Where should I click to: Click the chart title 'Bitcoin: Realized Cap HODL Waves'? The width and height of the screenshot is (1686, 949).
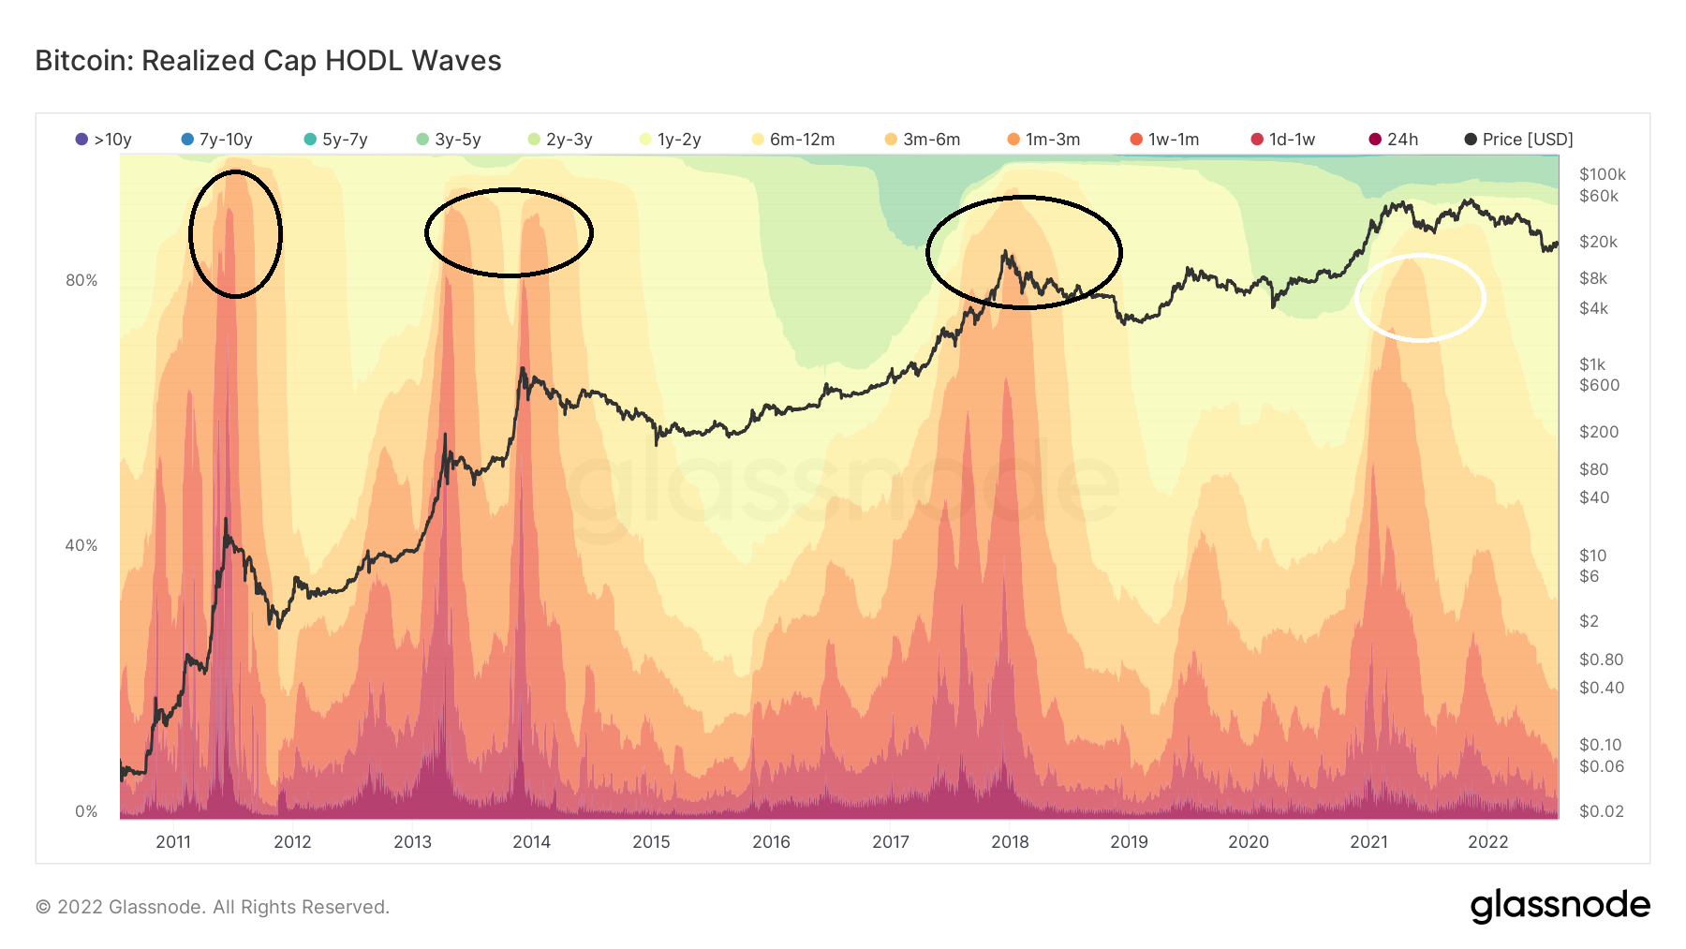point(268,61)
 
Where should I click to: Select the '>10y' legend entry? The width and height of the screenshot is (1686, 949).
point(104,140)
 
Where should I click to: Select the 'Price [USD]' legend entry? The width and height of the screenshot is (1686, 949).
point(1518,140)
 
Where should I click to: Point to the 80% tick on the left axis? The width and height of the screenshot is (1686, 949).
point(81,280)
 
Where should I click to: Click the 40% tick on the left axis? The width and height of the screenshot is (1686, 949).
point(81,545)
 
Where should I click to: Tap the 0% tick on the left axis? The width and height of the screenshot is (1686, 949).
point(86,811)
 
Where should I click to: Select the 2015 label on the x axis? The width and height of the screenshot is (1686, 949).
point(651,841)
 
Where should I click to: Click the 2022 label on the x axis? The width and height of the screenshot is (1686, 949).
point(1487,841)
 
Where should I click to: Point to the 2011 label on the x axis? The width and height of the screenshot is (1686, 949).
point(173,841)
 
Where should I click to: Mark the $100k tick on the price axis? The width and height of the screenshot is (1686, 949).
point(1602,174)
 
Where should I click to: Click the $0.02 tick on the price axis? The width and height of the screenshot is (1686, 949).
point(1602,811)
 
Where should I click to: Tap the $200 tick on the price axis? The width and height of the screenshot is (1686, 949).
point(1599,432)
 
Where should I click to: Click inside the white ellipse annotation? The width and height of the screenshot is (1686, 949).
point(1420,298)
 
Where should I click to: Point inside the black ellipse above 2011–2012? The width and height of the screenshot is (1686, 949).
point(235,234)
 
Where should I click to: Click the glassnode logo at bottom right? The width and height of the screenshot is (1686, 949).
point(1560,906)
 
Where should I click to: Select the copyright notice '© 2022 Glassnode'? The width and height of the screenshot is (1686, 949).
point(212,907)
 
